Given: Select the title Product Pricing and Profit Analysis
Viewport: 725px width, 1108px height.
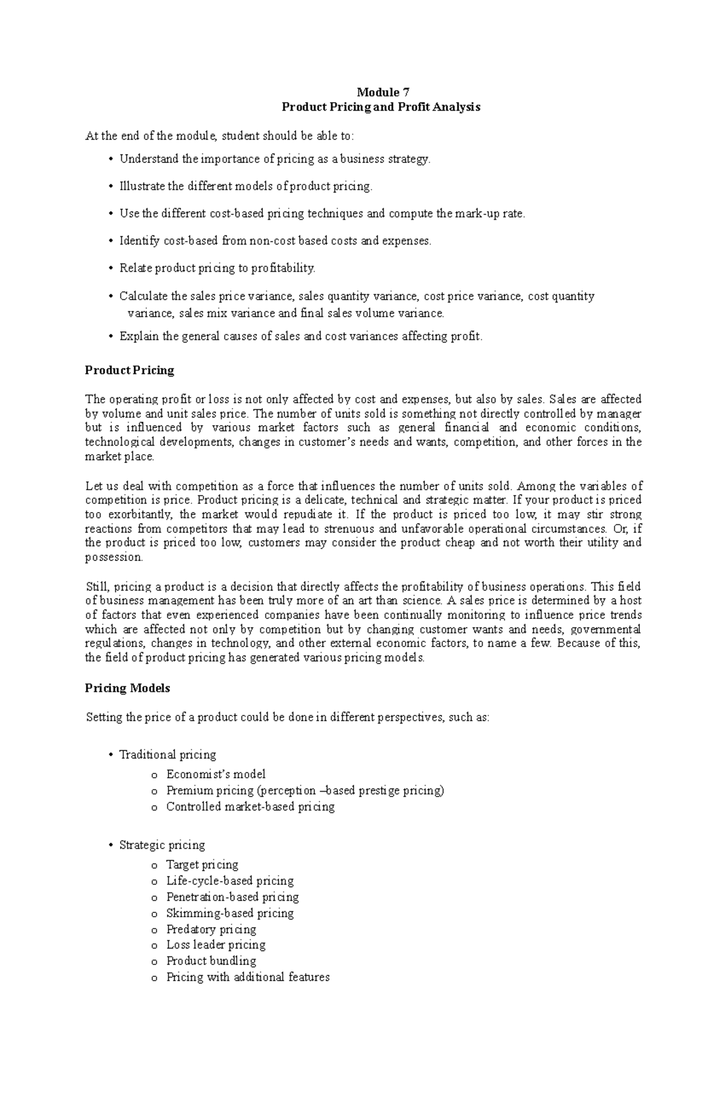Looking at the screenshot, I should [x=381, y=107].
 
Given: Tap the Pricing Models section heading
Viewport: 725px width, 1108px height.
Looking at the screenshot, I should [x=127, y=688].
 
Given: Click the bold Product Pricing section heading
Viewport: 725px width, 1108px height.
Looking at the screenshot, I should [x=129, y=370].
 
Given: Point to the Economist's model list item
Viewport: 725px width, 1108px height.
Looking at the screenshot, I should [x=216, y=774].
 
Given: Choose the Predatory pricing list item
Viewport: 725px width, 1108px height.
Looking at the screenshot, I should [x=211, y=929].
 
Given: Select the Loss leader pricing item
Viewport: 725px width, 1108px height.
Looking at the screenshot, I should [x=216, y=944].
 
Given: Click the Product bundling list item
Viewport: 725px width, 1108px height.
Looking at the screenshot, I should [x=211, y=961].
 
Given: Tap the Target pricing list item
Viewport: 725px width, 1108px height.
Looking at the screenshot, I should [x=202, y=865].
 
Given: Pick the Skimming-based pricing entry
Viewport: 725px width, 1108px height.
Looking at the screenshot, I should [x=230, y=913].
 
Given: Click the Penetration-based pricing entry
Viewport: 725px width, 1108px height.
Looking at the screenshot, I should [x=232, y=897].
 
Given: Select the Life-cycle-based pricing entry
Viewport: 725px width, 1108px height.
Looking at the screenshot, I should [x=230, y=881].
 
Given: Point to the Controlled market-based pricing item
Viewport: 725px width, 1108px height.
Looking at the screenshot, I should [x=250, y=807].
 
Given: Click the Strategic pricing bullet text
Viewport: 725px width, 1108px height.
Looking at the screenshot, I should [x=162, y=845].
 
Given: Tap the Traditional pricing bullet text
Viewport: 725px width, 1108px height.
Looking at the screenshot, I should [x=167, y=755].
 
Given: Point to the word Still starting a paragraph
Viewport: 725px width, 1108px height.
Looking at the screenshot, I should [x=97, y=586].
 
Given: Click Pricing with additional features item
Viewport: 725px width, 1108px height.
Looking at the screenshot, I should [x=248, y=977].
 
